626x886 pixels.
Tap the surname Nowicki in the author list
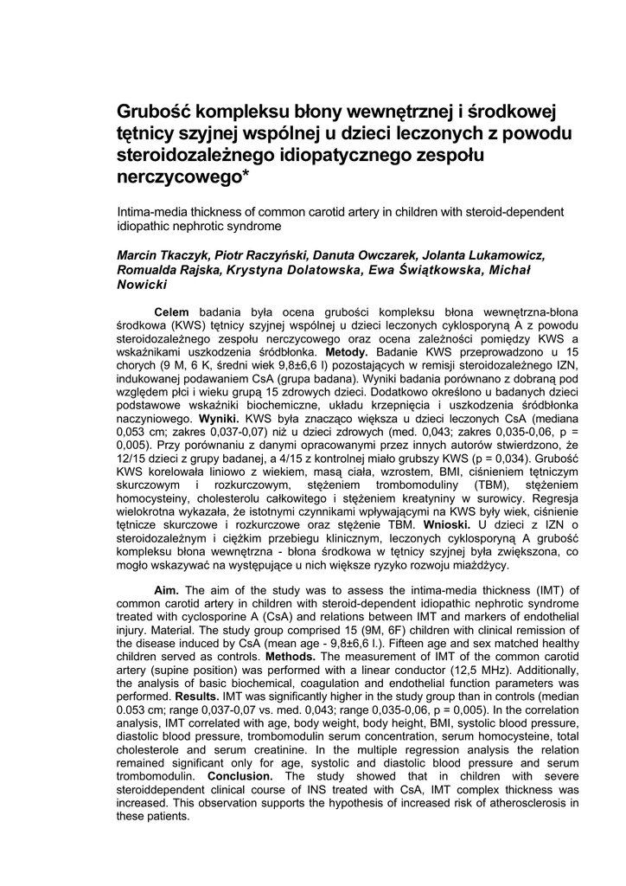[141, 285]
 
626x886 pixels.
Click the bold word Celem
[171, 311]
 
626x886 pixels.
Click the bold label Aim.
[167, 590]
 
